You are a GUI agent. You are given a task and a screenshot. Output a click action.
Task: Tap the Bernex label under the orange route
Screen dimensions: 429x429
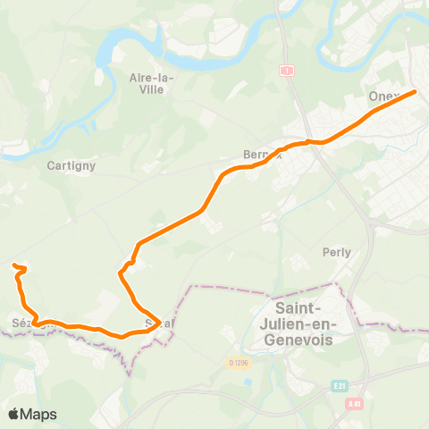pyautogui.click(x=262, y=154)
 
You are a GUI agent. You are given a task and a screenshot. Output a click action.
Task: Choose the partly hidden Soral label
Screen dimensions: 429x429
pyautogui.click(x=158, y=323)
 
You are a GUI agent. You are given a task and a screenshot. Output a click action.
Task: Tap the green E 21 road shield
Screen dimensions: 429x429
pyautogui.click(x=339, y=386)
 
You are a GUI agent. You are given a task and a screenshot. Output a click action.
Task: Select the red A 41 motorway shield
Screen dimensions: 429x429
pyautogui.click(x=355, y=404)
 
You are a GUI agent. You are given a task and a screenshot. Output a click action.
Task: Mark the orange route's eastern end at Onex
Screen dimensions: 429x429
pyautogui.click(x=415, y=91)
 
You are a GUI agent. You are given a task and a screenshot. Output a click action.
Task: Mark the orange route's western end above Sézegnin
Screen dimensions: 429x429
pyautogui.click(x=14, y=265)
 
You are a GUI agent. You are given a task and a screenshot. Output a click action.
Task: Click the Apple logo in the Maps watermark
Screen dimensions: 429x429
pyautogui.click(x=14, y=414)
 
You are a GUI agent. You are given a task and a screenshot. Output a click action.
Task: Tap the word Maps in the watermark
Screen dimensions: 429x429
pyautogui.click(x=39, y=414)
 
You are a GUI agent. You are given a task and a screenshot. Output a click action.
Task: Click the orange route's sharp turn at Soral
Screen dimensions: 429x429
pyautogui.click(x=159, y=320)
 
